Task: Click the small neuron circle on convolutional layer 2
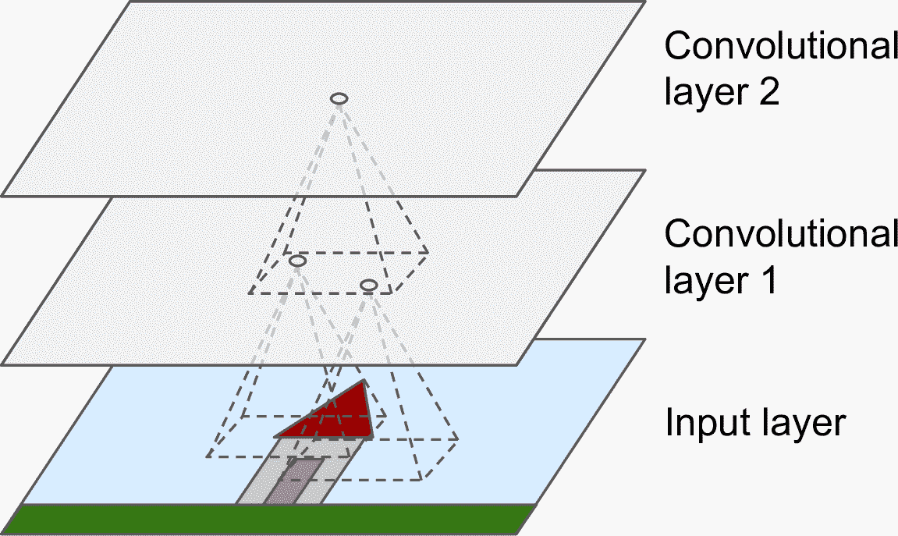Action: (x=339, y=98)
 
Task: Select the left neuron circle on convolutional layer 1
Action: (x=296, y=261)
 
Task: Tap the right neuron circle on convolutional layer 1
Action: (x=369, y=286)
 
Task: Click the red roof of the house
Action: (x=335, y=414)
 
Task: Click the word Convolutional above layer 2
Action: (x=780, y=48)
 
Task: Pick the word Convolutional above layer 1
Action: (x=780, y=234)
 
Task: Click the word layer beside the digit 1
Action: (x=705, y=280)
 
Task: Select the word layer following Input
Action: (x=803, y=424)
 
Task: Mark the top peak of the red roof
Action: (x=363, y=382)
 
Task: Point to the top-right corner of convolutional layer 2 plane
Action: (x=644, y=2)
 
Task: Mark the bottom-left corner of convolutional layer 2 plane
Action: (x=2, y=194)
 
